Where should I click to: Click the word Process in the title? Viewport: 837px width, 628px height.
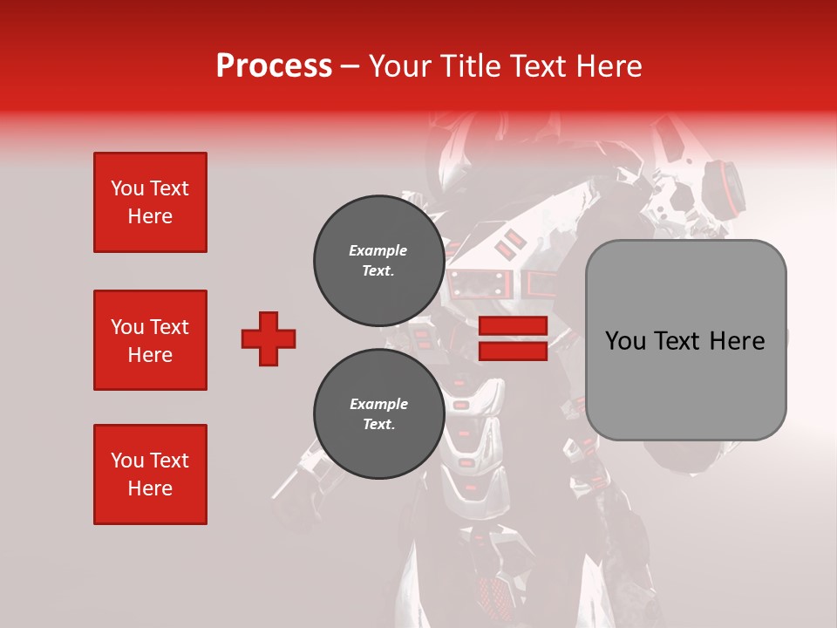(274, 65)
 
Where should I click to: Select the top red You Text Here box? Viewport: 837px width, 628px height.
(150, 202)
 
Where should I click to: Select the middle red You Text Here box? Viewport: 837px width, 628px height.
(150, 340)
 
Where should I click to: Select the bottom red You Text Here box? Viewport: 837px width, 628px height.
(150, 474)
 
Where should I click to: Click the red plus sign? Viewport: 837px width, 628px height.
(269, 338)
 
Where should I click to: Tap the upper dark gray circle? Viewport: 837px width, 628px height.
(378, 261)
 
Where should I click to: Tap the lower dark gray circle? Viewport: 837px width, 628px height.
(378, 414)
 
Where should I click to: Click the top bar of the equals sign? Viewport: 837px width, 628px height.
(513, 326)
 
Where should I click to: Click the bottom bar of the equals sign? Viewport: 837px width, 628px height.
(513, 351)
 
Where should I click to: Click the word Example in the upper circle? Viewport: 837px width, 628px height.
(378, 250)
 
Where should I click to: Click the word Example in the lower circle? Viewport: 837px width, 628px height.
(378, 404)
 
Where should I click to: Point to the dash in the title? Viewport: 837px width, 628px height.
(350, 66)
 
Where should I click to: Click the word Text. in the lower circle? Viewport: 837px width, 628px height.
(378, 425)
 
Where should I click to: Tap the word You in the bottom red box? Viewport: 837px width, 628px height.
(127, 461)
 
